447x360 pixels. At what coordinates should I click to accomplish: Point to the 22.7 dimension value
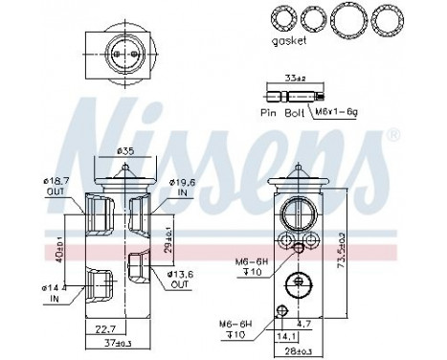pos(104,332)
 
